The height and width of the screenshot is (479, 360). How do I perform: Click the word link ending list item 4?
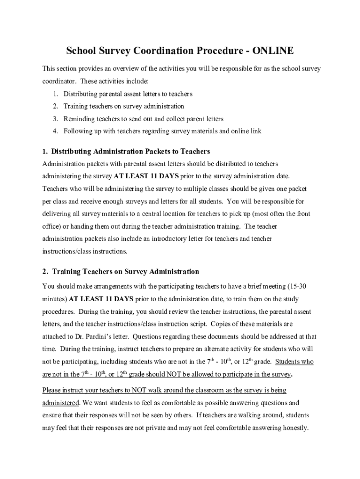pos(256,131)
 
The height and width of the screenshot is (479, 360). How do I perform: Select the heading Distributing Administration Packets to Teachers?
pos(130,152)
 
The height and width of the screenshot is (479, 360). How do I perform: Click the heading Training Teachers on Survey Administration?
pos(125,272)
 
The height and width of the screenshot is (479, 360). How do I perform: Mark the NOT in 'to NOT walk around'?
pos(141,390)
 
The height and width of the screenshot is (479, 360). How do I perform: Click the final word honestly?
pos(293,428)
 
